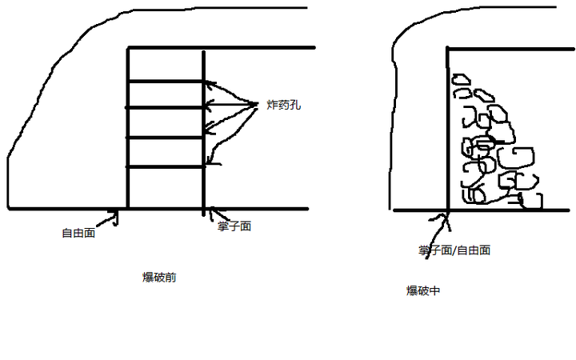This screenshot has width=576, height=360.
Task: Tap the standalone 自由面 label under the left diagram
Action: point(78,234)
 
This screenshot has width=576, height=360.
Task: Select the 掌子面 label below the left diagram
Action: point(234,226)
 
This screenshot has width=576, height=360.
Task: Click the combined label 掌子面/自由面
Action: point(454,250)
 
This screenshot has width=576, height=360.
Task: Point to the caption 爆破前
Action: point(159,278)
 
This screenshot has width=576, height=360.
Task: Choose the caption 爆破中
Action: point(423,290)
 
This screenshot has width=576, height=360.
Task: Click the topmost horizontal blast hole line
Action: point(166,82)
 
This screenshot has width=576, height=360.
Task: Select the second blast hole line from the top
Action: point(166,107)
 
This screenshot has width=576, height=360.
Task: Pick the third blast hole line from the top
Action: point(166,138)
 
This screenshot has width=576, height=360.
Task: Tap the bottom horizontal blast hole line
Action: point(166,166)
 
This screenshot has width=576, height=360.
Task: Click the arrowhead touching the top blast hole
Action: point(209,82)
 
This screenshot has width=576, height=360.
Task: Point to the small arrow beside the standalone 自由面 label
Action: point(114,216)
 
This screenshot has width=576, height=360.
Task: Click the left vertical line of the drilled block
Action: point(128,128)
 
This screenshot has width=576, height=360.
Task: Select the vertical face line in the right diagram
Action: point(448,128)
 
